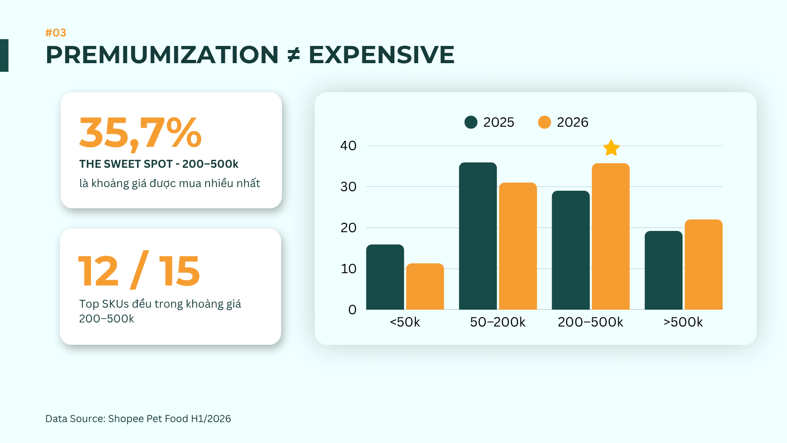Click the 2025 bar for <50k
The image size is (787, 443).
pos(385,277)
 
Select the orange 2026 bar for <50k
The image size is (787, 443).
pos(425,286)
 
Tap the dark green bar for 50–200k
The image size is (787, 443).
pos(478,236)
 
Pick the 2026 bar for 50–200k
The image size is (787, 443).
pos(518,246)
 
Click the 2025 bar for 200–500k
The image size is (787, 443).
pos(571,250)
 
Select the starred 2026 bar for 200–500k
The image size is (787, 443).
pos(611,236)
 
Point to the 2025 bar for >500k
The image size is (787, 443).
pos(664,270)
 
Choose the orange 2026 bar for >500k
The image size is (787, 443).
pos(704,265)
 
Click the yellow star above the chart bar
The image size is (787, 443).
pos(611,148)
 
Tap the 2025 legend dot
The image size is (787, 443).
pos(471,122)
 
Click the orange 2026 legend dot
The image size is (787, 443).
pos(544,122)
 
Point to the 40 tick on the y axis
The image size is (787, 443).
pos(348,146)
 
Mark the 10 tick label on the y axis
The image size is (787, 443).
pos(349,269)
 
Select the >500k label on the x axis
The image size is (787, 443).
pos(683,322)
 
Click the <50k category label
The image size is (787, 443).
pos(405,322)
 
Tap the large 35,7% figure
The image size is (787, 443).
pos(141,133)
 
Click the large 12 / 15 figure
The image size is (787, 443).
pos(139,270)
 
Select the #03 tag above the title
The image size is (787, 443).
pos(56,33)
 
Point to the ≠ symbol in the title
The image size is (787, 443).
pos(293,55)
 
